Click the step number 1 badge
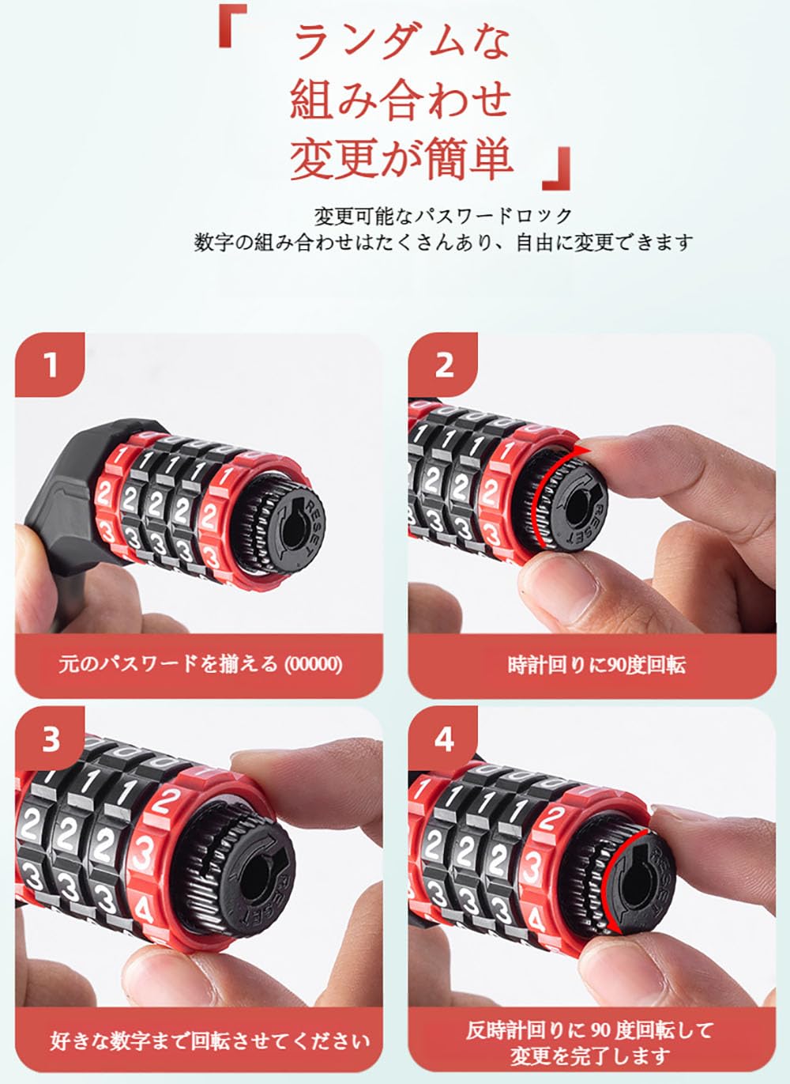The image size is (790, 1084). [51, 364]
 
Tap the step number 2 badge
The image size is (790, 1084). [443, 364]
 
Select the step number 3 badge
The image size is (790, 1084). [51, 739]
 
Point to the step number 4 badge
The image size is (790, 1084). [443, 739]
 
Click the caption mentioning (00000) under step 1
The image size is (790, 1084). [201, 664]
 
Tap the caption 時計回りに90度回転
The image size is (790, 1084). [596, 665]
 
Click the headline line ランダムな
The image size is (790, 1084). [402, 42]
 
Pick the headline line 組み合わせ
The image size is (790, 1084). [401, 100]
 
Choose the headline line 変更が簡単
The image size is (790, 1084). [401, 159]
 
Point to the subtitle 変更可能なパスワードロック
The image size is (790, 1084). [443, 216]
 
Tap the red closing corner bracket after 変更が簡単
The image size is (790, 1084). [557, 168]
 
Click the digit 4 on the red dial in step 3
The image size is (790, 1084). [144, 910]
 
